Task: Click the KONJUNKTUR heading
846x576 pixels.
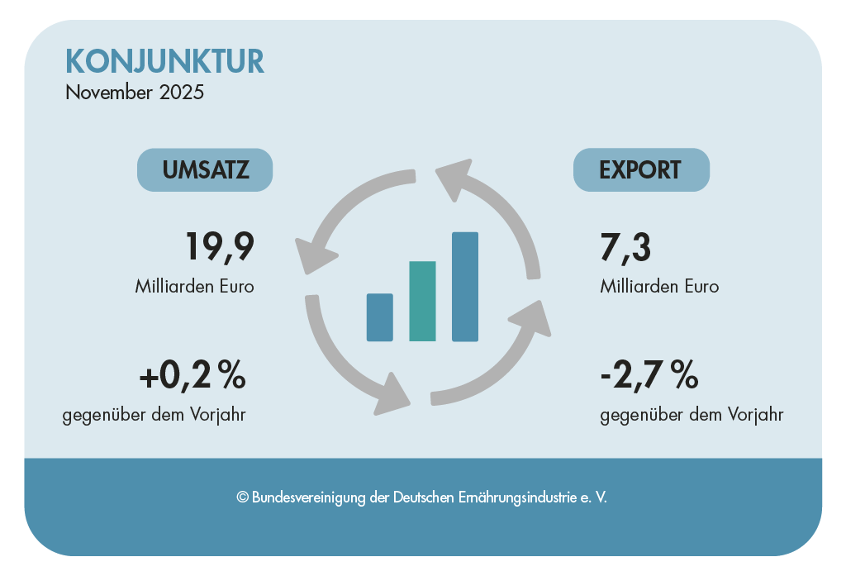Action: [164, 61]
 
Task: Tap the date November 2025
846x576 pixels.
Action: [135, 92]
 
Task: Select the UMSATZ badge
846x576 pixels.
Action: [204, 169]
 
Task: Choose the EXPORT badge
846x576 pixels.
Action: [640, 169]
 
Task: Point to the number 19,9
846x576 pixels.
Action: [218, 247]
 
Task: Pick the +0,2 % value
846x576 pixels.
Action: [192, 377]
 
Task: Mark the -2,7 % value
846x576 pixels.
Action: [649, 377]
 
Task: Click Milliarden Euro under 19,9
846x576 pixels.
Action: [194, 287]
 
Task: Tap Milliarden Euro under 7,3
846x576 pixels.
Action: [659, 287]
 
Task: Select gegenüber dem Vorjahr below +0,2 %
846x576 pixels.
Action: [154, 414]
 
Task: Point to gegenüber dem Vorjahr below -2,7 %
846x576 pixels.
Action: [692, 414]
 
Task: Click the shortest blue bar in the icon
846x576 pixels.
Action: [380, 317]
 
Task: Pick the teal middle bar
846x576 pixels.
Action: [422, 301]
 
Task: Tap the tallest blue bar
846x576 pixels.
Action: [465, 287]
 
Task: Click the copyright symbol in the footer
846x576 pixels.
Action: [242, 497]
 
